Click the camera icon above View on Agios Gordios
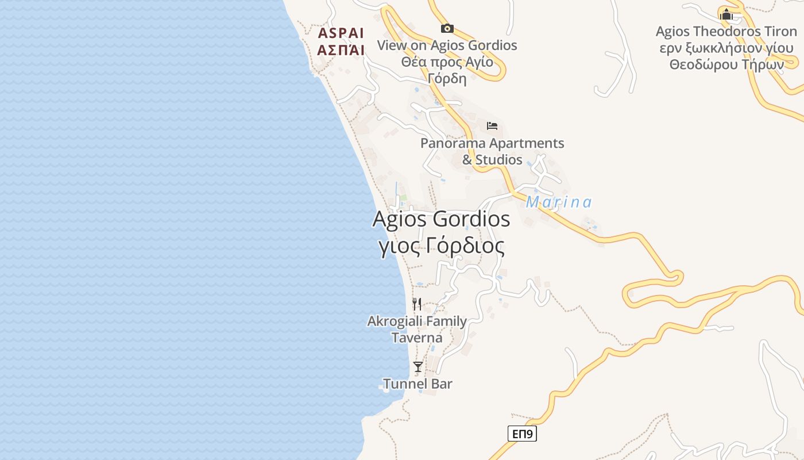click(x=447, y=28)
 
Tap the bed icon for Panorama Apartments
click(x=492, y=126)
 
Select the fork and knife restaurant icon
click(x=417, y=304)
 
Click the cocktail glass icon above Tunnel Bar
click(x=418, y=366)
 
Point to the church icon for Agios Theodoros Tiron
click(x=726, y=14)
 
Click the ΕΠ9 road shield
click(x=522, y=434)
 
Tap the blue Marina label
click(x=558, y=202)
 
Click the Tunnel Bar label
click(x=418, y=384)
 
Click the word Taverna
click(x=417, y=338)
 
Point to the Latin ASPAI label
click(x=341, y=32)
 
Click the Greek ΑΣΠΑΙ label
click(x=341, y=50)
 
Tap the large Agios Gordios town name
click(x=441, y=219)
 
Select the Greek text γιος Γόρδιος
click(x=441, y=246)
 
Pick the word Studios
click(x=499, y=159)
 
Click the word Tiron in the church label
click(x=775, y=31)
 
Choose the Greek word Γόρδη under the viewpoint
click(x=447, y=78)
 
